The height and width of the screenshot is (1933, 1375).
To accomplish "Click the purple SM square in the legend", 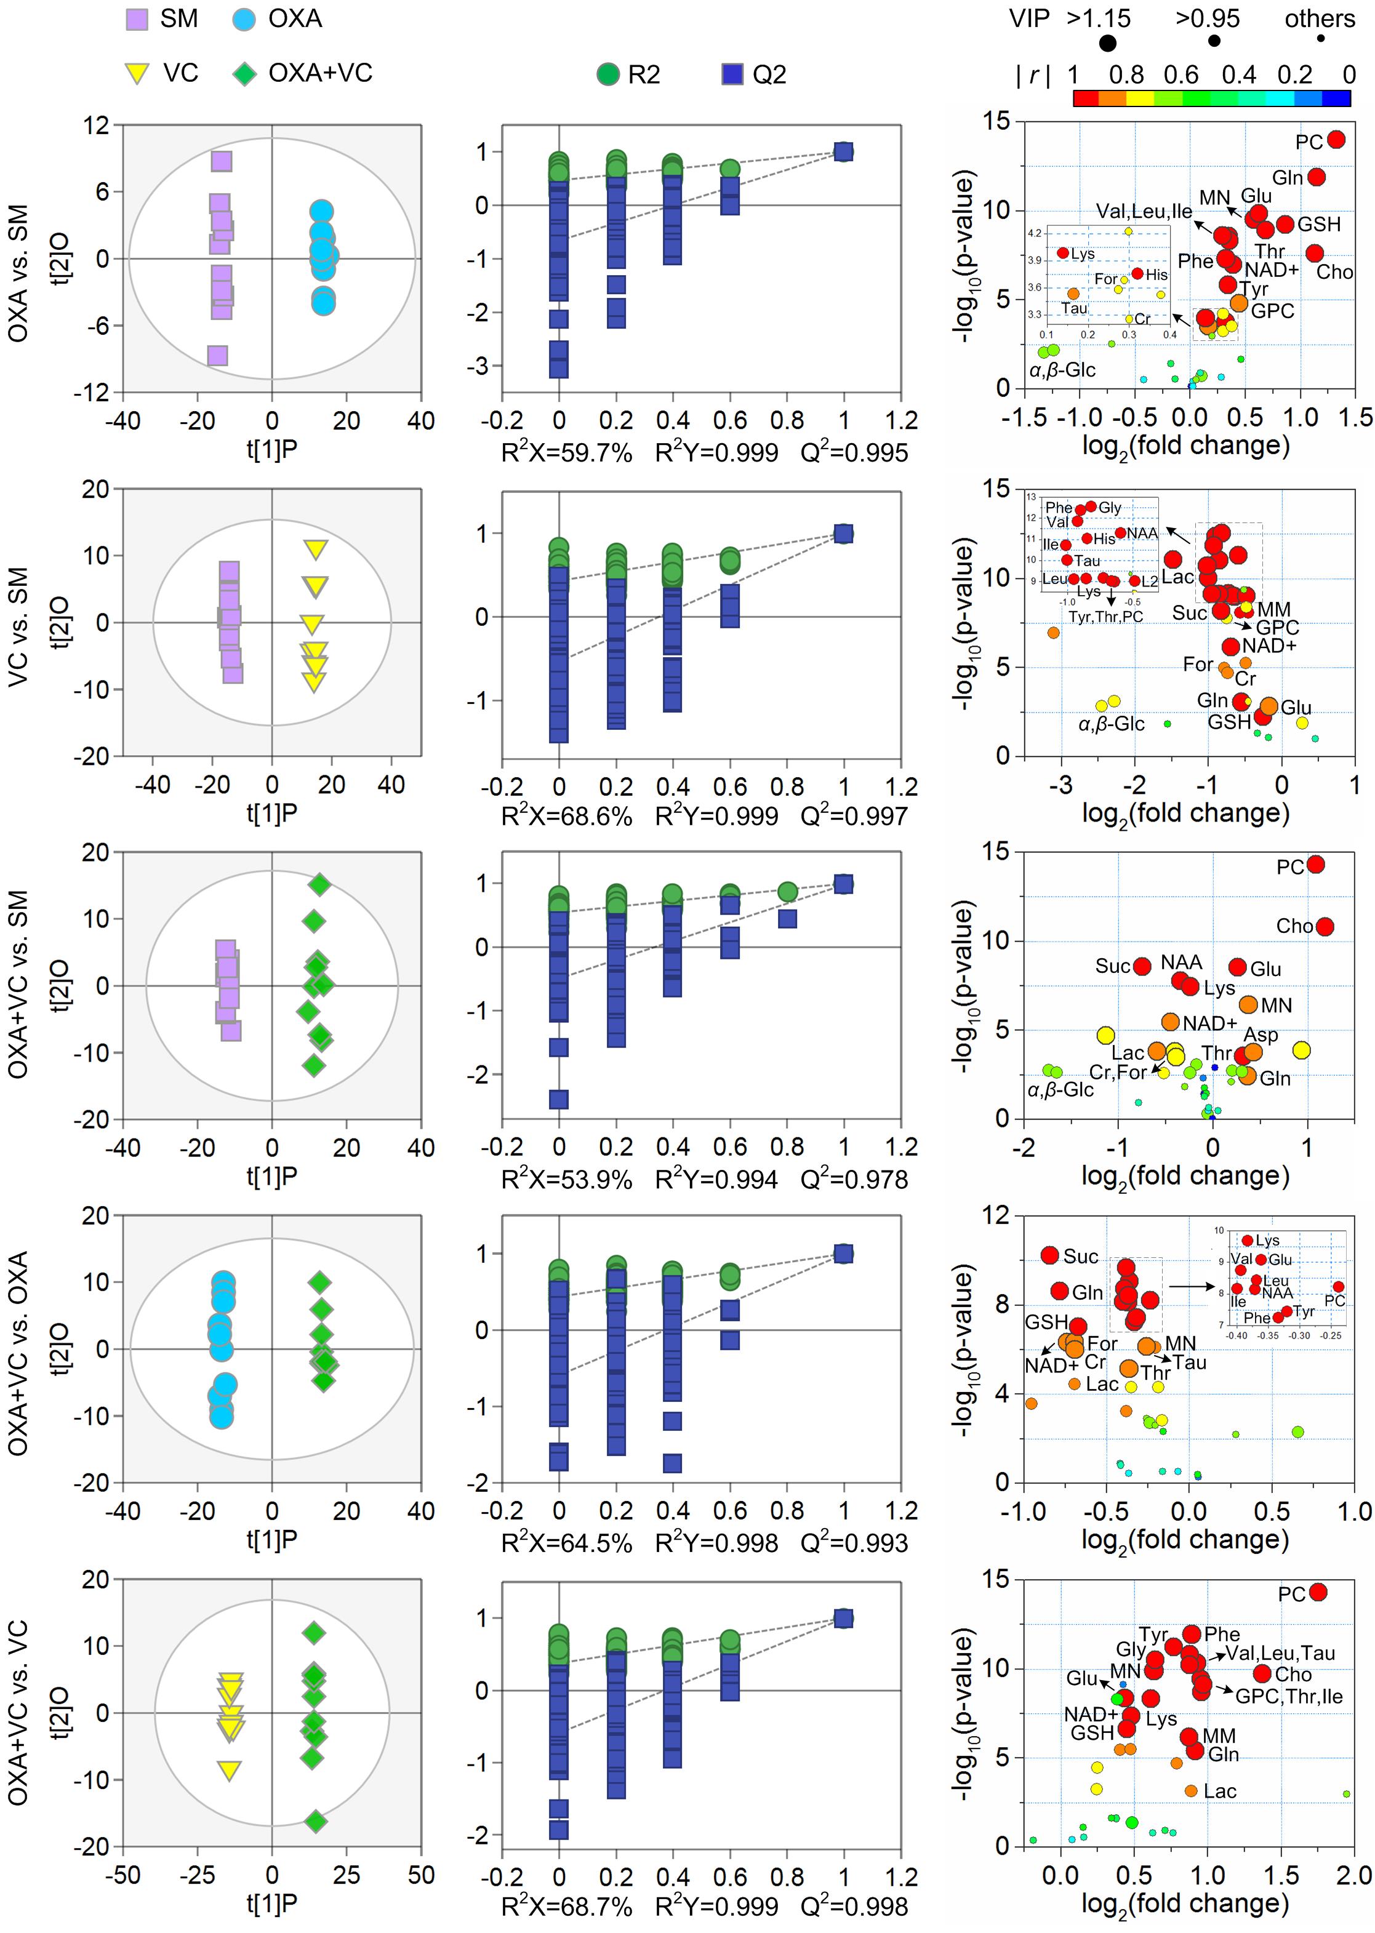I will click(136, 18).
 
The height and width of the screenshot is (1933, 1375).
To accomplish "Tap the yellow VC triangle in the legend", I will click(135, 74).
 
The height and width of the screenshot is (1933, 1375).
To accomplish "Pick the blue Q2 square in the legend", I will click(732, 74).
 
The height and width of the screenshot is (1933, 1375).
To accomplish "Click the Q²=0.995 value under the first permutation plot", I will click(854, 453).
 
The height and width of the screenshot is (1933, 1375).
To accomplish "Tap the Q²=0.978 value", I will click(854, 1179).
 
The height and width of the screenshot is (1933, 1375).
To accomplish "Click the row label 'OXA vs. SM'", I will click(18, 273).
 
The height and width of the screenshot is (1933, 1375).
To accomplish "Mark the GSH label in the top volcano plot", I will click(1319, 224).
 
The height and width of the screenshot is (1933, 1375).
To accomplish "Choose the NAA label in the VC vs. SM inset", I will click(1142, 533).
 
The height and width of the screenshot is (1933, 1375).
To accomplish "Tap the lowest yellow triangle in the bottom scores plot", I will click(228, 1769).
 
